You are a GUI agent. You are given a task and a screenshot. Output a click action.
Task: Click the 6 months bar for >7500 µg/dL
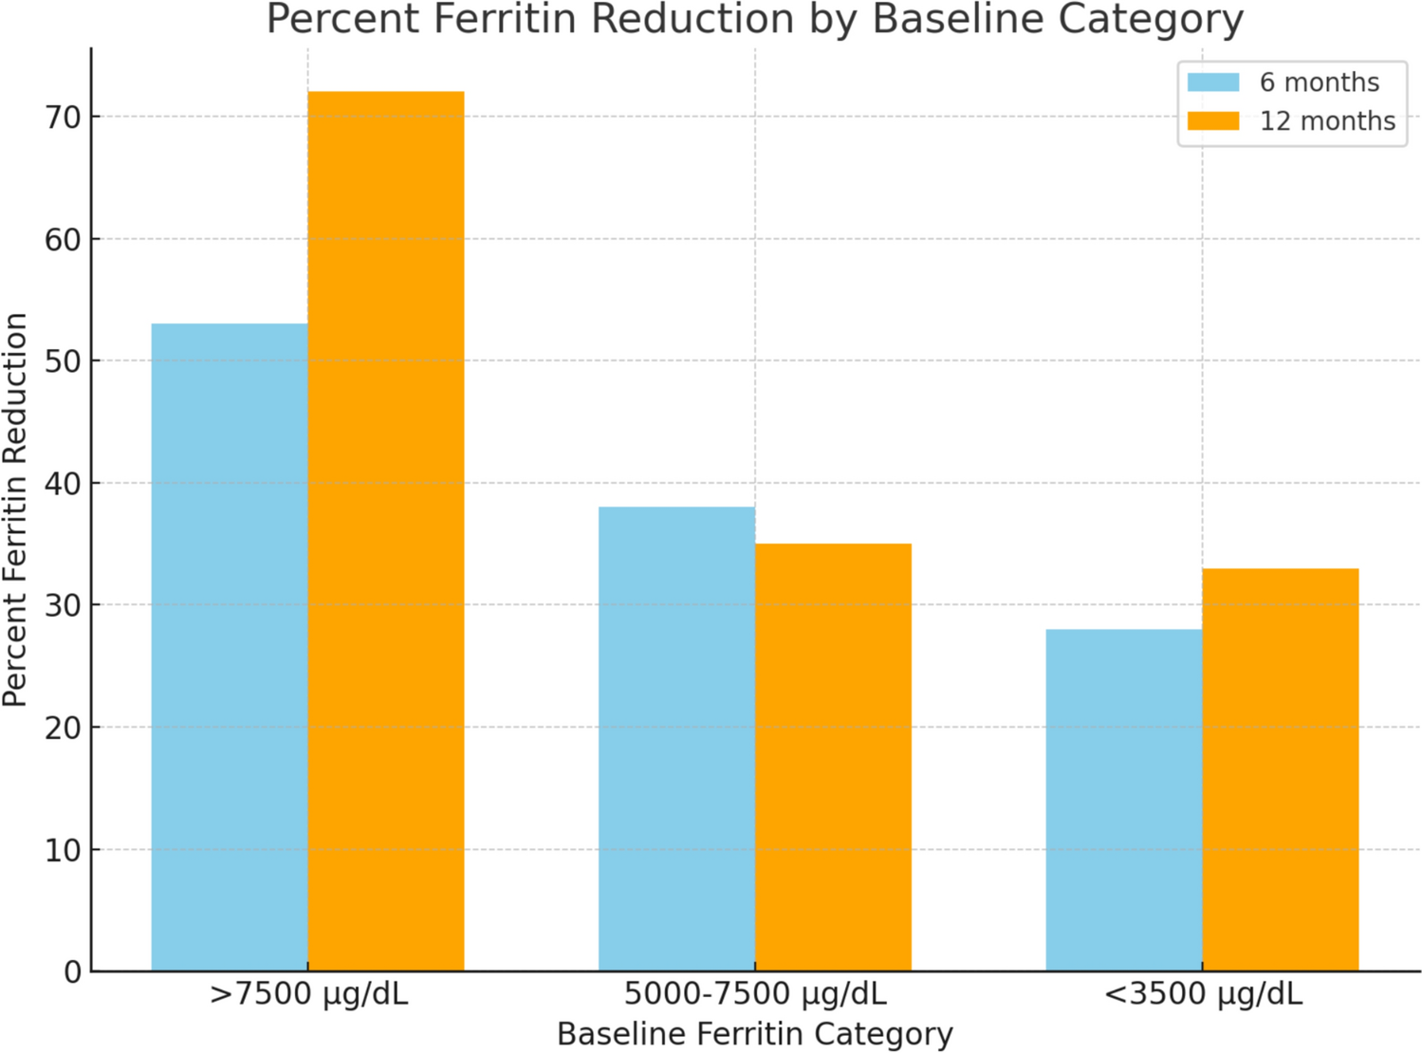[x=230, y=647]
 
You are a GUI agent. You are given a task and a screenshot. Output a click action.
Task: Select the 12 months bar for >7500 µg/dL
[x=386, y=531]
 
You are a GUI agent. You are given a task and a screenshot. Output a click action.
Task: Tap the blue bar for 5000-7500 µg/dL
[x=676, y=739]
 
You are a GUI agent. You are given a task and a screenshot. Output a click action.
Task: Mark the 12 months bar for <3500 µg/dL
[x=1281, y=769]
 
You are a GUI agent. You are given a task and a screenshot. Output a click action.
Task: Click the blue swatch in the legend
[x=1213, y=83]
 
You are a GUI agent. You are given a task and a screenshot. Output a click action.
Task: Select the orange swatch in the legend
[x=1213, y=121]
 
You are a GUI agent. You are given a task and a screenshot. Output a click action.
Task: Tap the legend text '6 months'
[x=1319, y=83]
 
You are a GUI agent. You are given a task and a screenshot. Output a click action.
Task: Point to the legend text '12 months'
[x=1327, y=121]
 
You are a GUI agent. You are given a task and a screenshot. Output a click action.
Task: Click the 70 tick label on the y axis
[x=63, y=118]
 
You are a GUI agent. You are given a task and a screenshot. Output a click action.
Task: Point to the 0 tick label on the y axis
[x=73, y=972]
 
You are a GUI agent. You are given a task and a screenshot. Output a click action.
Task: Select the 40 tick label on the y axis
[x=63, y=484]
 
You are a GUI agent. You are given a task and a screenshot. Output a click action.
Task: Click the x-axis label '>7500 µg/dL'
[x=308, y=994]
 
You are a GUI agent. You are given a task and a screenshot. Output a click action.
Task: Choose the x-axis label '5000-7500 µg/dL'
[x=755, y=994]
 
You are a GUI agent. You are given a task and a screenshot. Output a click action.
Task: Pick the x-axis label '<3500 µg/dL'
[x=1203, y=994]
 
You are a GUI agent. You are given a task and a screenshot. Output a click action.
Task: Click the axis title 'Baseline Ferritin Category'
[x=755, y=1034]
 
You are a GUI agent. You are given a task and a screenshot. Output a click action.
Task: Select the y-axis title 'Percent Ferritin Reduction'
[x=15, y=509]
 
